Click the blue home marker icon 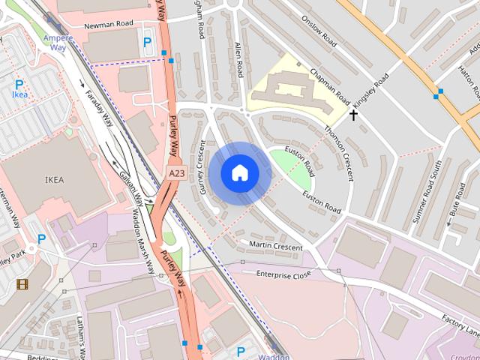[239, 173]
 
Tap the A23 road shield [176, 173]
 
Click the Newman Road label [108, 24]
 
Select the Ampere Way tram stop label [58, 42]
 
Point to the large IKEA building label [55, 180]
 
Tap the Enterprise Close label [283, 275]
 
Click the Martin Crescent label [275, 245]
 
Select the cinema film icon [22, 283]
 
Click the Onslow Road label [319, 34]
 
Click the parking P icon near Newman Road [147, 43]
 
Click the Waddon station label [274, 357]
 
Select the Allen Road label [239, 59]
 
